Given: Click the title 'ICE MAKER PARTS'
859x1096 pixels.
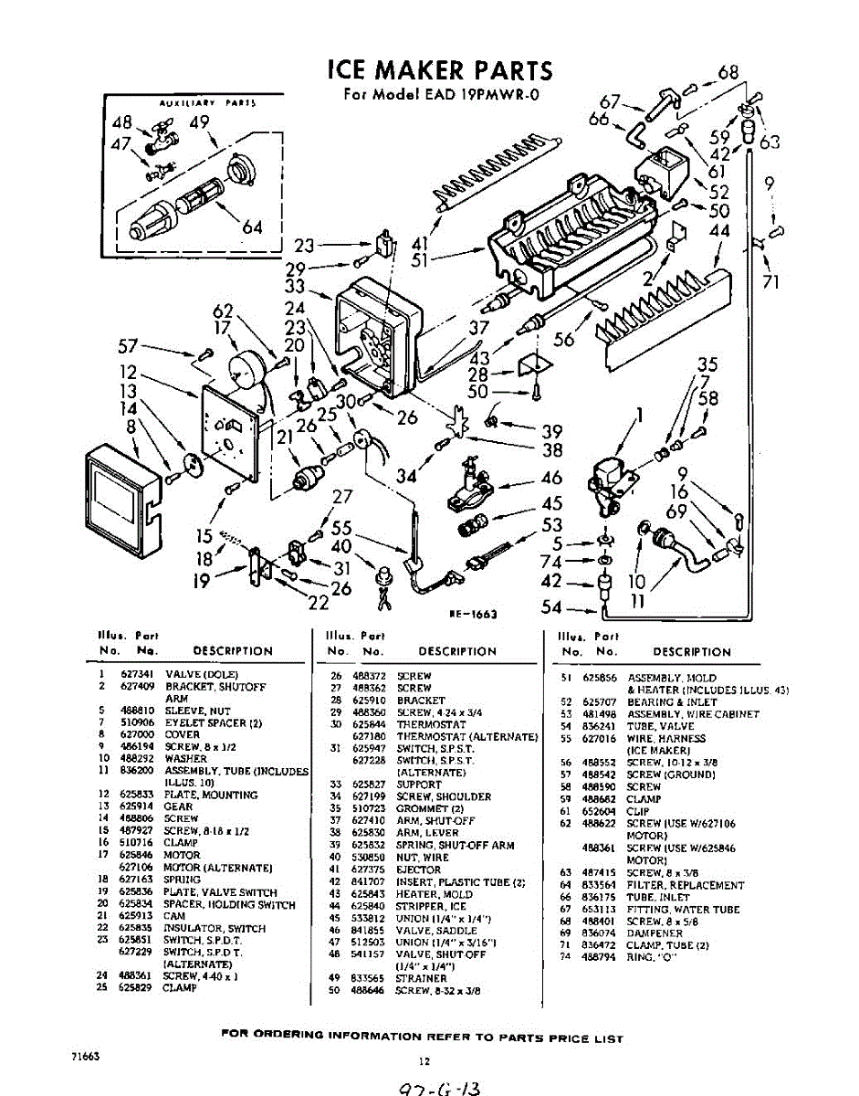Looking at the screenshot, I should [439, 70].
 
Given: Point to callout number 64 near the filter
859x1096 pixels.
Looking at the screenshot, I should [252, 227].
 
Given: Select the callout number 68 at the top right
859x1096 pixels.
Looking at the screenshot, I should [728, 73].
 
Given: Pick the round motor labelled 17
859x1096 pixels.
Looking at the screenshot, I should [245, 369].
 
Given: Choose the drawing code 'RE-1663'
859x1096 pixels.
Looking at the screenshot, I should [473, 615].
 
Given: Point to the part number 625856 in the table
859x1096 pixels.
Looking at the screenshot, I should [599, 678].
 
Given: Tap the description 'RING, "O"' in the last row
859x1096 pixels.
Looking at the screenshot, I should [655, 956].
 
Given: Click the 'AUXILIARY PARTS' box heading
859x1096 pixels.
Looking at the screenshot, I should [206, 104].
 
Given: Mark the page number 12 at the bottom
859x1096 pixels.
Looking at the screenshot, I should [424, 1061].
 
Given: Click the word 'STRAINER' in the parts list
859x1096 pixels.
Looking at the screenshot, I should [421, 978].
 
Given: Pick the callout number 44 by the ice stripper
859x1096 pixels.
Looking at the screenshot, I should [719, 232].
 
